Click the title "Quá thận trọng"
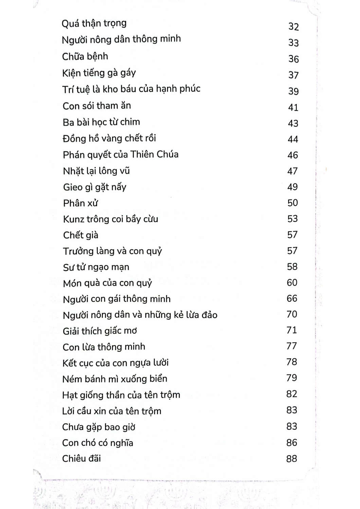(94, 23)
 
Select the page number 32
(293, 26)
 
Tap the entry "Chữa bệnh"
(85, 56)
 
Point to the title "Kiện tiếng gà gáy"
(99, 73)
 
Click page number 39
(293, 91)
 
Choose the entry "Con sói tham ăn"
(97, 106)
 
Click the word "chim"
(130, 122)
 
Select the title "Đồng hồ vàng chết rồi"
(109, 138)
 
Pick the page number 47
(292, 171)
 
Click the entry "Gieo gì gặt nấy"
(95, 187)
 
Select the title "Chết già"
(81, 235)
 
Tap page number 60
(292, 282)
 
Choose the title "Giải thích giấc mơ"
(100, 331)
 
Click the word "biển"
(159, 379)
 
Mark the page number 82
(292, 394)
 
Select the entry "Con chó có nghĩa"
(98, 443)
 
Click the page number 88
(292, 459)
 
